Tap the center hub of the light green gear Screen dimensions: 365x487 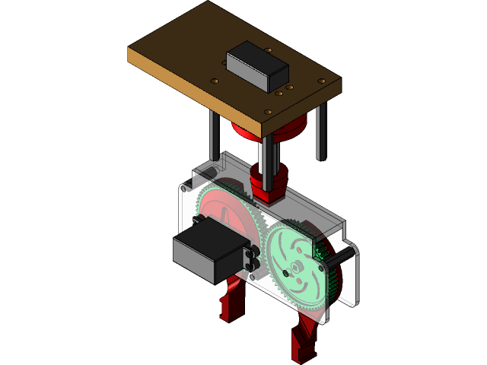pyautogui.click(x=294, y=270)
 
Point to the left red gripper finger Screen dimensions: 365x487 pyautogui.click(x=231, y=300)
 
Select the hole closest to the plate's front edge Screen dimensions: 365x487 pyautogui.click(x=268, y=111)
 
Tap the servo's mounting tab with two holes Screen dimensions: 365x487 pyautogui.click(x=253, y=259)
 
